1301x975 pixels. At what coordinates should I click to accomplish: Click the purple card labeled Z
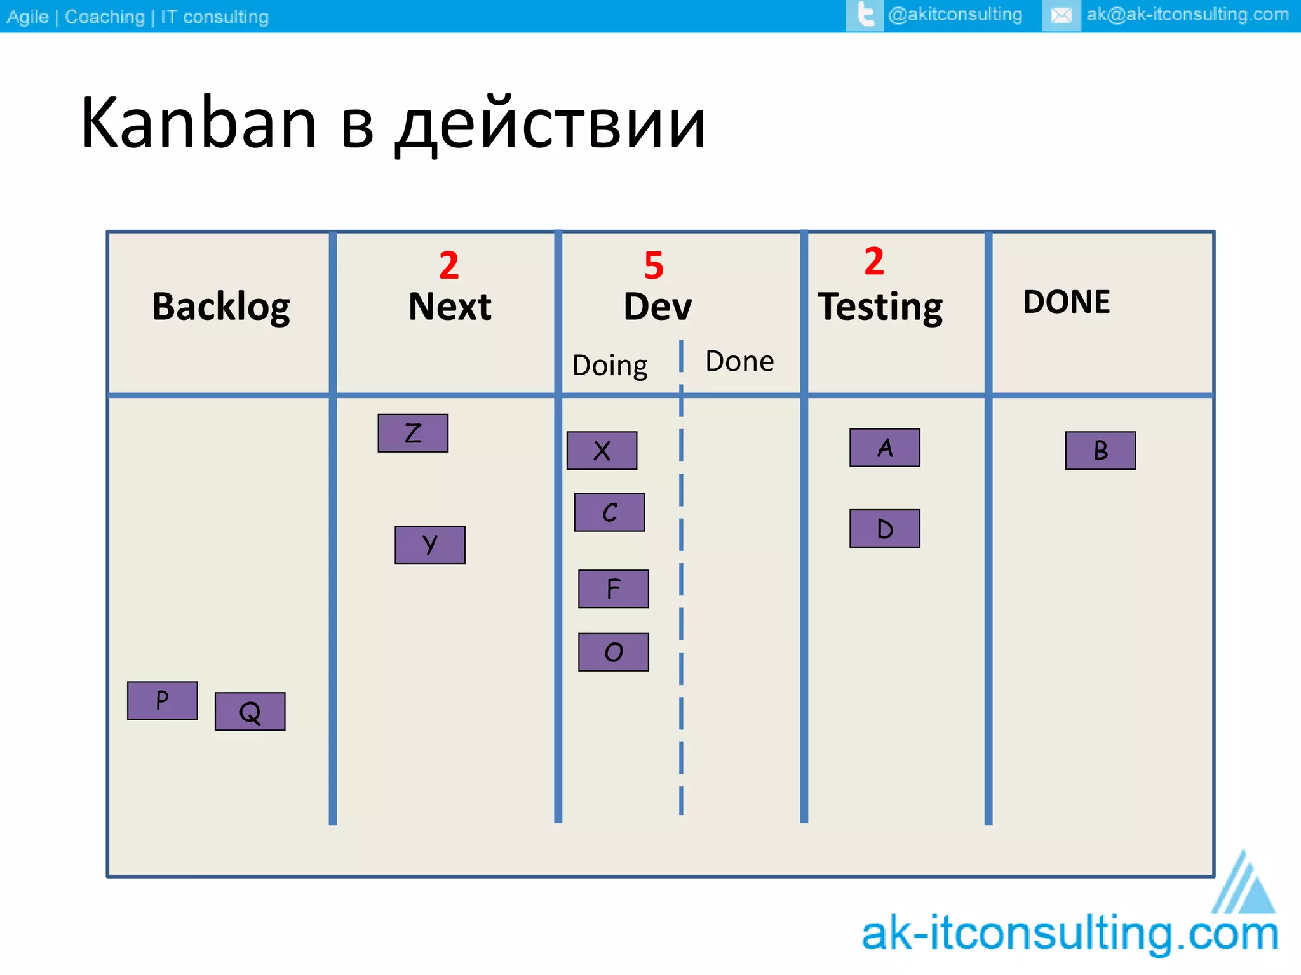click(413, 434)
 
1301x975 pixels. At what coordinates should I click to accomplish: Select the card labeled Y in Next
click(430, 545)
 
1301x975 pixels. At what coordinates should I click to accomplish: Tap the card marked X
click(602, 451)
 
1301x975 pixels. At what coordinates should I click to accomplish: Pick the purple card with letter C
click(609, 512)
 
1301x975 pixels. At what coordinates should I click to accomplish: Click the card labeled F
click(613, 589)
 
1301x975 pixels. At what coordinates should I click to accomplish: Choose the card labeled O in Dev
click(613, 652)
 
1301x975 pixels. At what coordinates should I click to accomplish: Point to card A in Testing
click(885, 448)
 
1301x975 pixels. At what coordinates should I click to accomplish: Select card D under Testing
click(885, 529)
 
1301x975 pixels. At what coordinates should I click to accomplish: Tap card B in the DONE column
click(1100, 451)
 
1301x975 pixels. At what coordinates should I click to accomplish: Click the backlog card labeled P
click(163, 701)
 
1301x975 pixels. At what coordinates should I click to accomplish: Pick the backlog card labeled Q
click(250, 712)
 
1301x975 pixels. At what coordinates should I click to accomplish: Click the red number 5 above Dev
click(654, 265)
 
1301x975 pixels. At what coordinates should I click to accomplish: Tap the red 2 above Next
click(448, 265)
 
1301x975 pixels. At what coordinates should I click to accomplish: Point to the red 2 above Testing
click(874, 261)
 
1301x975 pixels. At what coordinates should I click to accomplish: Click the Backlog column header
click(221, 307)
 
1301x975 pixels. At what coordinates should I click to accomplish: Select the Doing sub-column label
click(610, 366)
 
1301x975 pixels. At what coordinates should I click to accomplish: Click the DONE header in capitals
click(1067, 302)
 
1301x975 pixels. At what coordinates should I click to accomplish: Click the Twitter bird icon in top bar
click(865, 15)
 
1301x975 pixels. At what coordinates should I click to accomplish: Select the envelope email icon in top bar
click(1061, 15)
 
